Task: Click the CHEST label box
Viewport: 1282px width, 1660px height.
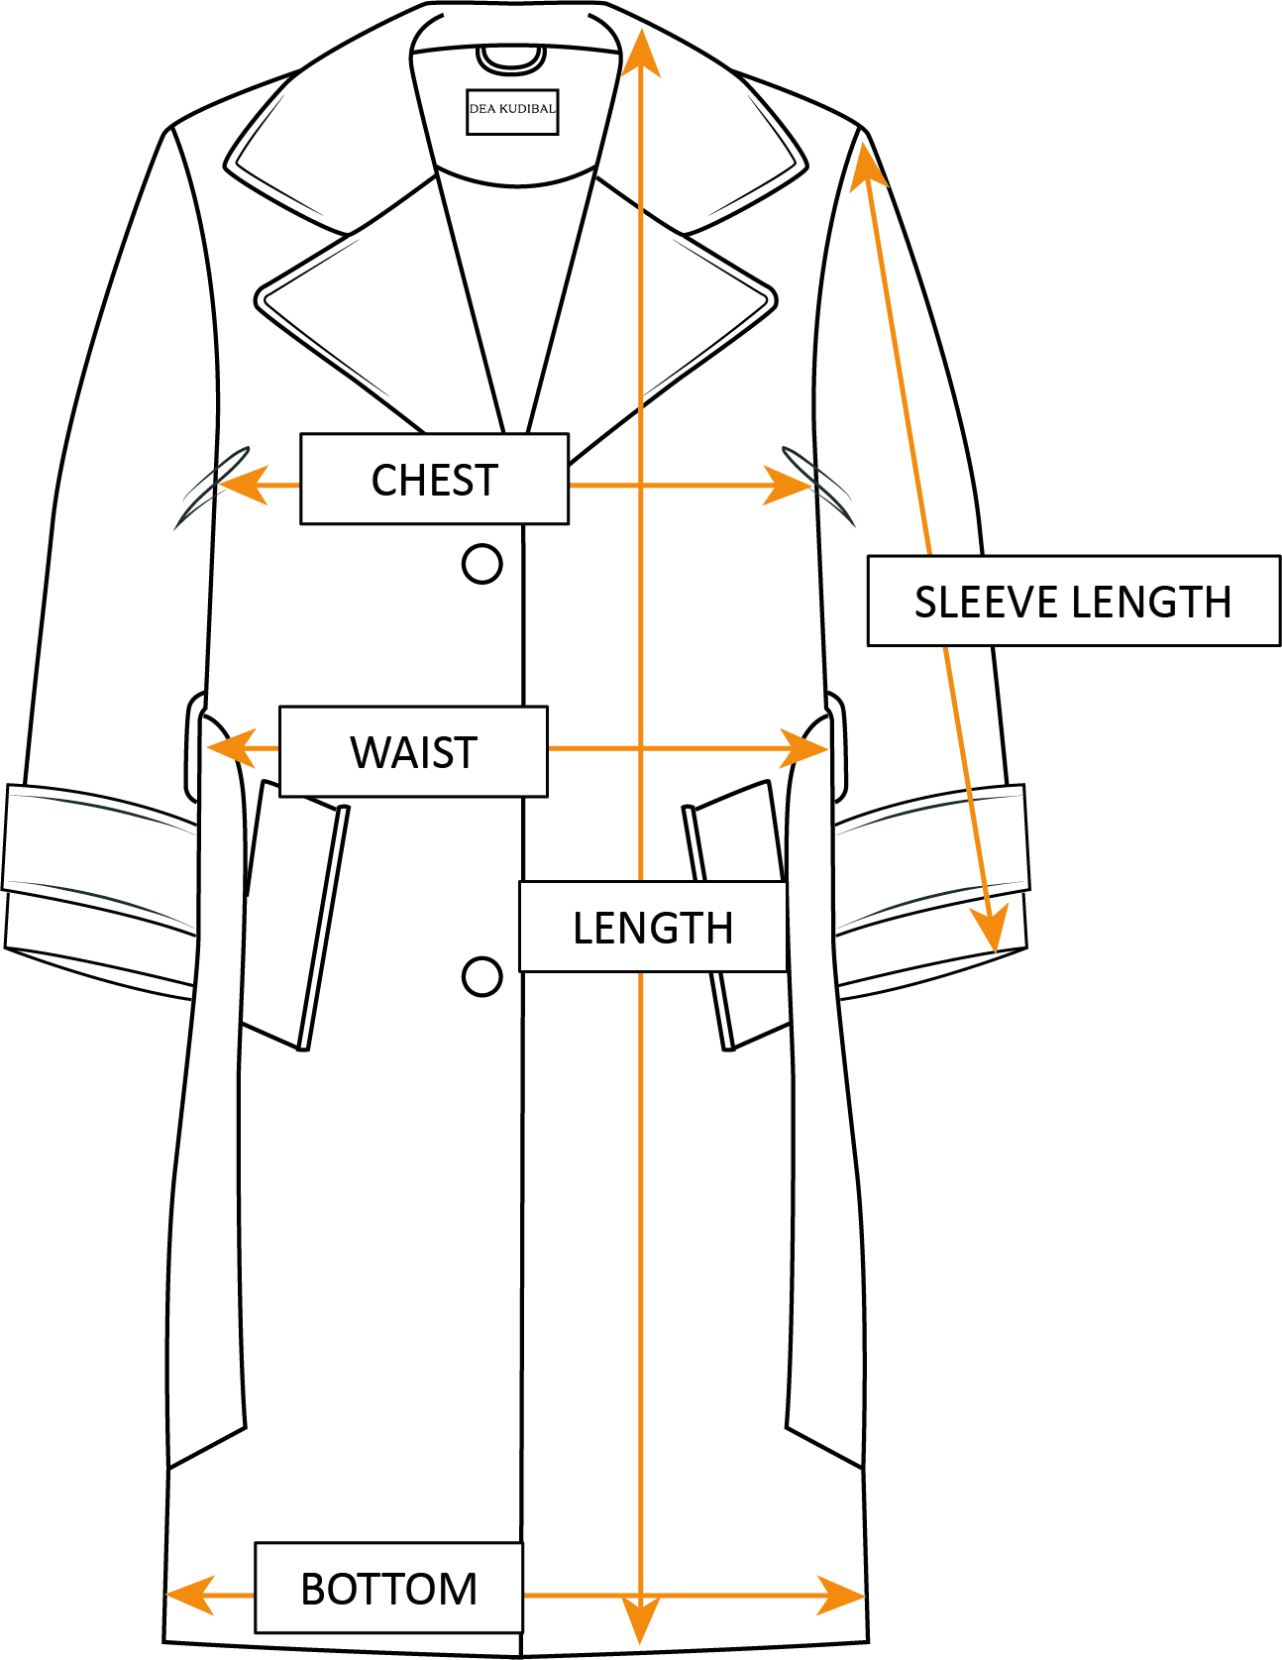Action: (x=434, y=479)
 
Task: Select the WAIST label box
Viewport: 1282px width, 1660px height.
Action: (x=413, y=751)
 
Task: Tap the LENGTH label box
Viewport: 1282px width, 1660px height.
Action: (x=653, y=927)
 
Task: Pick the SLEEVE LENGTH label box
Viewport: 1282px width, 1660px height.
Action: (x=1073, y=601)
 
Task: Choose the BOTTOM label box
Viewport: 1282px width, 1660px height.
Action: (x=388, y=1588)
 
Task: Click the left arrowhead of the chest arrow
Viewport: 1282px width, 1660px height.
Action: (x=238, y=486)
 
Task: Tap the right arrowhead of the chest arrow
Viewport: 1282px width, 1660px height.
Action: (x=793, y=486)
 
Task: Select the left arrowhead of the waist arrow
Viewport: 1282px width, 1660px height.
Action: (x=226, y=748)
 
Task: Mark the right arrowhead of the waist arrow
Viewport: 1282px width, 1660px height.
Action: (x=807, y=748)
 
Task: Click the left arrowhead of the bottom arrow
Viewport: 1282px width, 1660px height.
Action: (x=186, y=1596)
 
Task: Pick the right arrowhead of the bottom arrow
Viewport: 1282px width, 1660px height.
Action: (x=844, y=1596)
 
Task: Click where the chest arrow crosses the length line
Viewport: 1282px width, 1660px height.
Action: (x=641, y=486)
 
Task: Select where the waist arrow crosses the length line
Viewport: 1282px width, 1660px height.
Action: (x=641, y=748)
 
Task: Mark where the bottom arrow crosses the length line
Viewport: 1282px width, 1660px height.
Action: (x=641, y=1596)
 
